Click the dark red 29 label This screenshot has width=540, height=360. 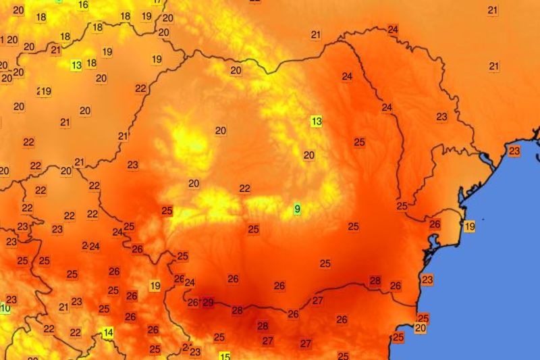tap(208, 303)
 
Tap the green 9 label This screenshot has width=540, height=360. tap(297, 209)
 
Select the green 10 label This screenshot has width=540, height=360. tap(5, 309)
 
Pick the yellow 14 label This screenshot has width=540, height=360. tap(107, 332)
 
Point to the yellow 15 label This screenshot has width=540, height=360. tap(225, 357)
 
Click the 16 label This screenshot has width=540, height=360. tap(83, 5)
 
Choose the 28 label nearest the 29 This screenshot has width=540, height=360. tap(237, 311)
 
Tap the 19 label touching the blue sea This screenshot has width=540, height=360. tap(469, 226)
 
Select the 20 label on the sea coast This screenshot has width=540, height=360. tap(421, 328)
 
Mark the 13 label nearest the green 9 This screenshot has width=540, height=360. tap(316, 122)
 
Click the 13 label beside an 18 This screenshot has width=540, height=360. tap(77, 66)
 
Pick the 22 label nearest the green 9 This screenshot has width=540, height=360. tap(244, 189)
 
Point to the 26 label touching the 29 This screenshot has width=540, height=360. tap(193, 303)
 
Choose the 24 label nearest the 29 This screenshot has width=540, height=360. tap(190, 283)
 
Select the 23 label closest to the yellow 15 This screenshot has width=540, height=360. tap(195, 352)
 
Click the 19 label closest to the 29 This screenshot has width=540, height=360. tap(155, 286)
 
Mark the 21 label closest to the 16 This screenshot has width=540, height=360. tap(55, 50)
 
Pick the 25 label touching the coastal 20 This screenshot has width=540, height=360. tap(423, 318)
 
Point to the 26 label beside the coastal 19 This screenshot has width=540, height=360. tap(435, 224)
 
